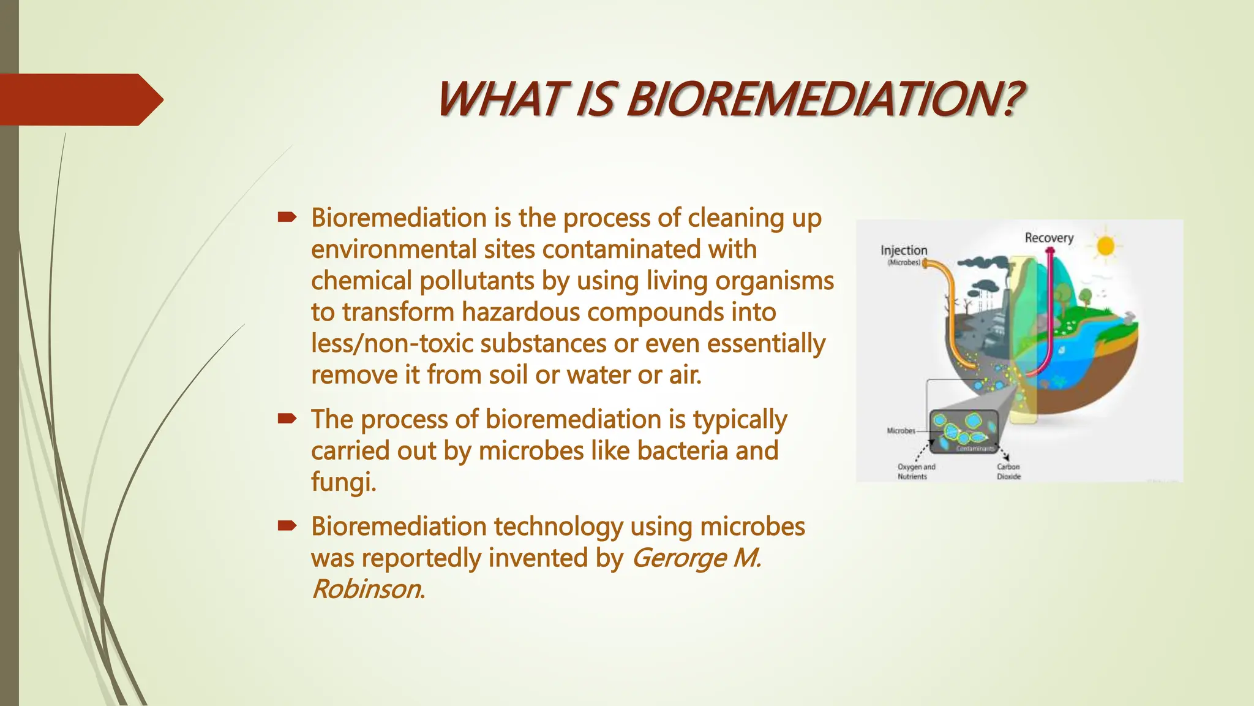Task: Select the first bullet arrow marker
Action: [x=287, y=217]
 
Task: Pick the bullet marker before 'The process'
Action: [x=287, y=419]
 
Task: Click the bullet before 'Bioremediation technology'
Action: [x=287, y=525]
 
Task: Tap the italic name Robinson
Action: [x=366, y=589]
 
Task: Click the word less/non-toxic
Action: [x=392, y=343]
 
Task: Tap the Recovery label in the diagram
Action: [x=1049, y=238]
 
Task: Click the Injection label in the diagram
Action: [x=904, y=250]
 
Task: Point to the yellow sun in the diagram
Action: [x=1105, y=246]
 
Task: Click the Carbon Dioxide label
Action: [x=1008, y=471]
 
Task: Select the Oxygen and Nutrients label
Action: [x=916, y=471]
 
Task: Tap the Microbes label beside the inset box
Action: [x=901, y=431]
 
